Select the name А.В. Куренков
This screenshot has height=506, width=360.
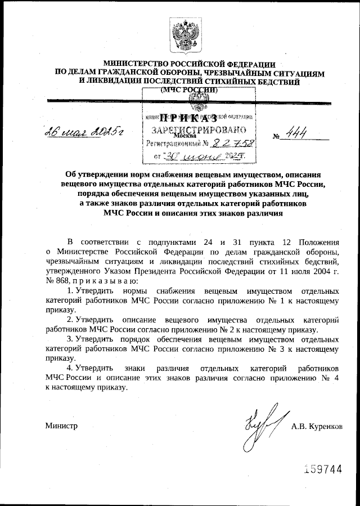pyautogui.click(x=316, y=426)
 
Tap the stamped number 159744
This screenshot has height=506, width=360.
pyautogui.click(x=323, y=469)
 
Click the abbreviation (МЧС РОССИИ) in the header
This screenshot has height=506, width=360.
pyautogui.click(x=189, y=89)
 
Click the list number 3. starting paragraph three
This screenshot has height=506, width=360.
pyautogui.click(x=70, y=339)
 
